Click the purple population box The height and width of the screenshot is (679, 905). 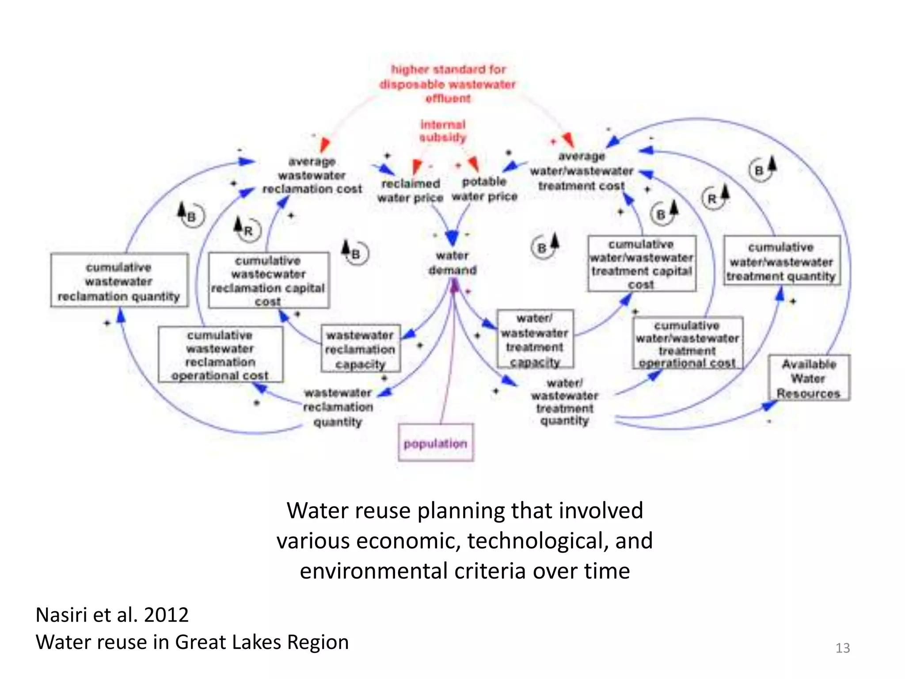(435, 443)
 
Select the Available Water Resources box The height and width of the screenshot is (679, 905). (809, 378)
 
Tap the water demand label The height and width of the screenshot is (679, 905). (452, 263)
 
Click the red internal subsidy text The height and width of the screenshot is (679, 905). (443, 131)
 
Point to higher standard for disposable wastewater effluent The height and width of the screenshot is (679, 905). (448, 84)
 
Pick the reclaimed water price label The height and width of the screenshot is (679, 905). (410, 191)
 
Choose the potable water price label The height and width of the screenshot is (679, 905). (484, 189)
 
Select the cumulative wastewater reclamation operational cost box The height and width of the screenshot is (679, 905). (220, 355)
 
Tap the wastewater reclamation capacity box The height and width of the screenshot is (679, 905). (360, 349)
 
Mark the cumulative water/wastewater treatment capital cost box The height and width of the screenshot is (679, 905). (641, 264)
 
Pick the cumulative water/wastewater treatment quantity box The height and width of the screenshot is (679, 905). (781, 261)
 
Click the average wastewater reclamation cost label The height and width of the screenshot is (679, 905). (312, 175)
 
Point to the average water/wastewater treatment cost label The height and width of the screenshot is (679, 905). (582, 171)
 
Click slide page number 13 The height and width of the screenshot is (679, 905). (842, 648)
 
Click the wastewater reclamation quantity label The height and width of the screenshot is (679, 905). (338, 407)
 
